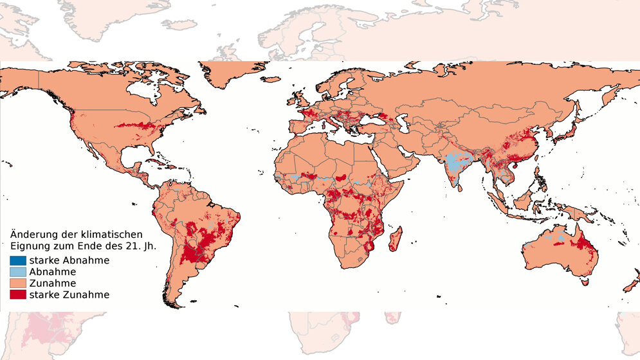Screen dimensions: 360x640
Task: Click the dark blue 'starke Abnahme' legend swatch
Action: click(18, 260)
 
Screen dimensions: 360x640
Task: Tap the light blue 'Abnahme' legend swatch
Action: click(18, 272)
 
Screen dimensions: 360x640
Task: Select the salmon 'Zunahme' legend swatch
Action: click(18, 283)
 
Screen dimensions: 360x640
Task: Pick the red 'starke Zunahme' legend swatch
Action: click(18, 295)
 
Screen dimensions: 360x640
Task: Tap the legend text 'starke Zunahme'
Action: click(69, 295)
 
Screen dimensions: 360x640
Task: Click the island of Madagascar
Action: click(396, 235)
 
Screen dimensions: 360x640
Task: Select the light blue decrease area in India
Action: click(457, 163)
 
